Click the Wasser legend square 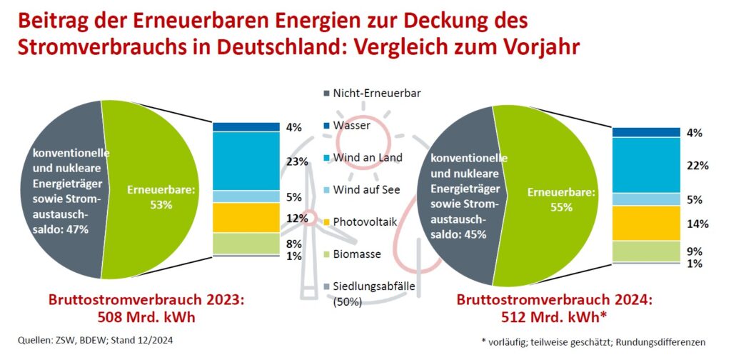(x=327, y=125)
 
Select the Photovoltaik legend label (x=364, y=221)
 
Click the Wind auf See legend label (x=366, y=189)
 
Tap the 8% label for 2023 (x=294, y=243)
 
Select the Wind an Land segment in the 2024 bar (x=646, y=165)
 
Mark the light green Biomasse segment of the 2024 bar (x=646, y=251)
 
